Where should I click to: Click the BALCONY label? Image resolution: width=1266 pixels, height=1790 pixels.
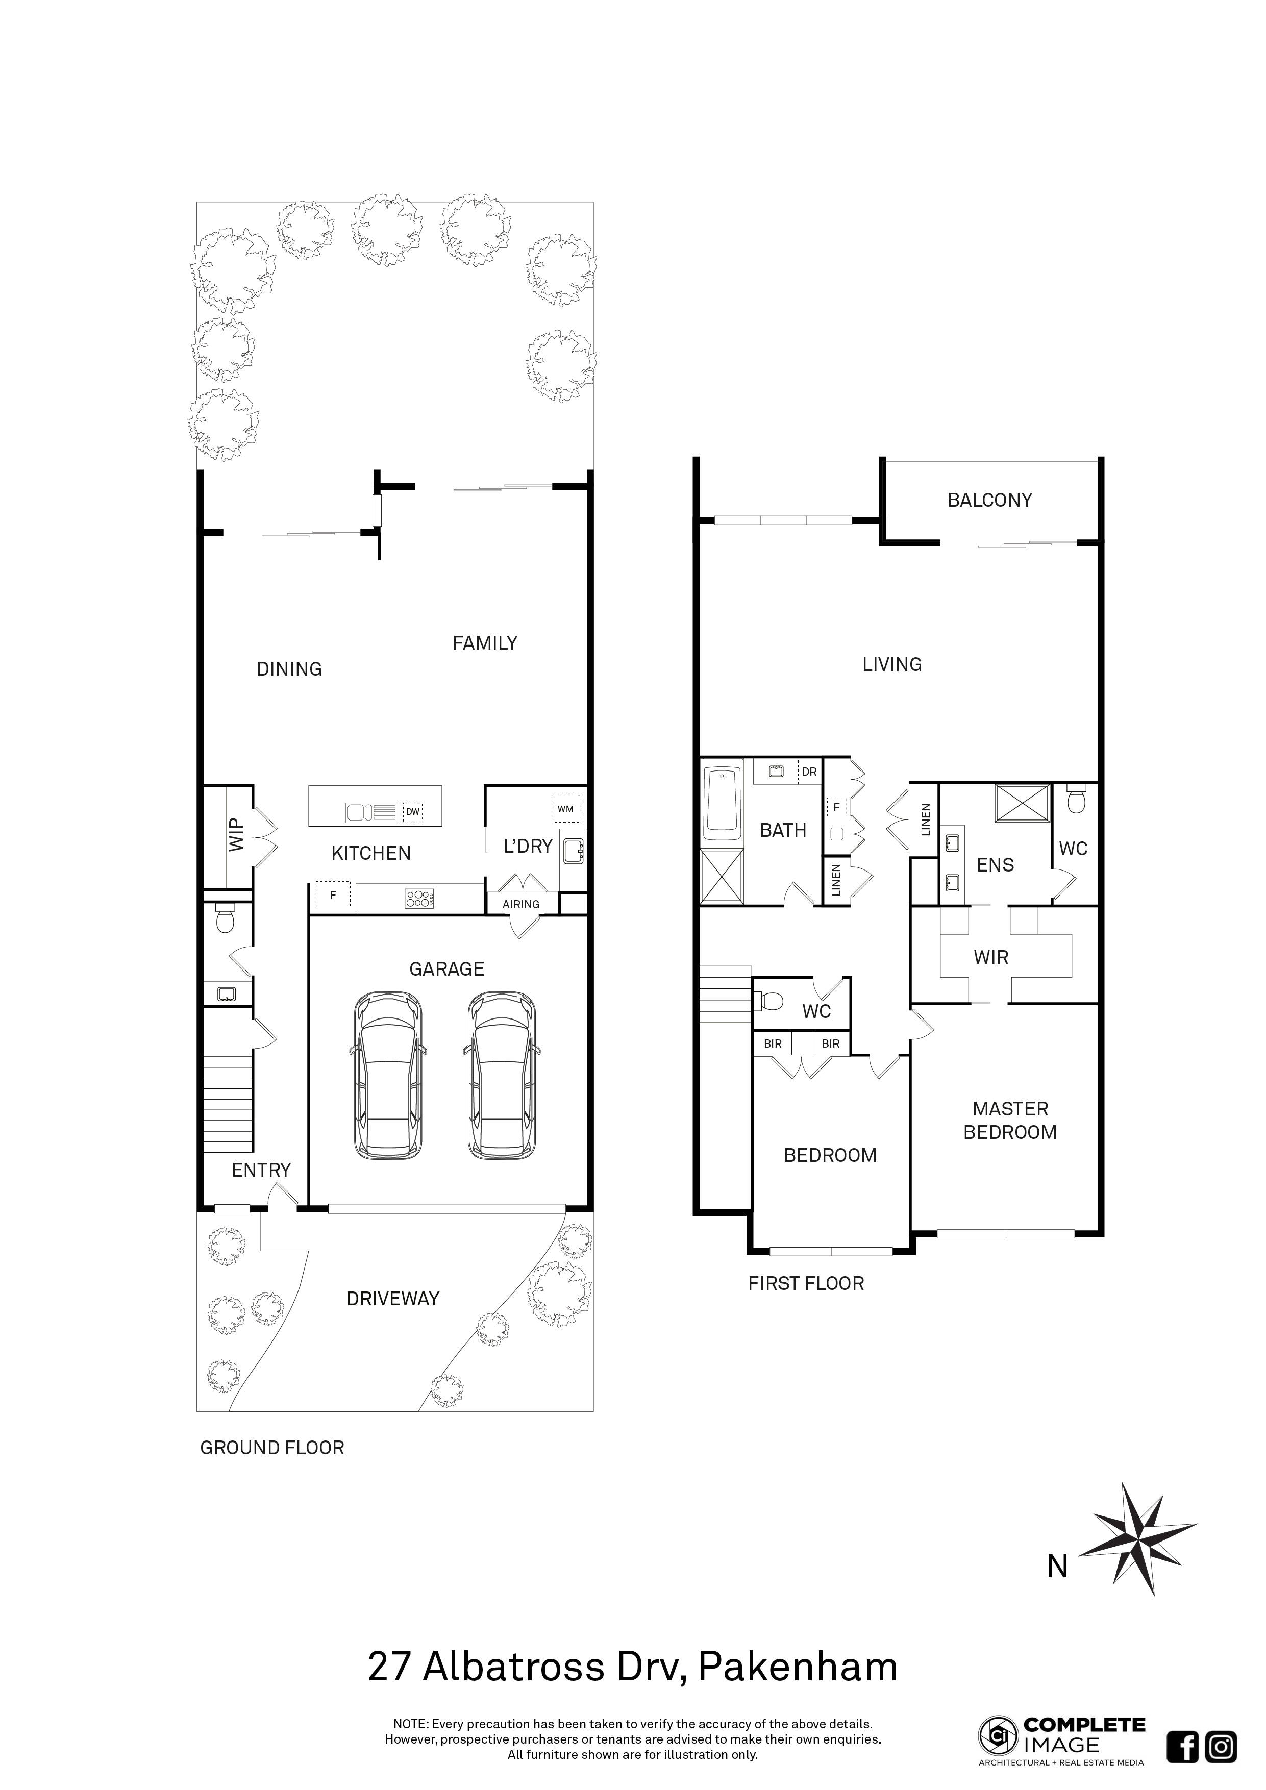(989, 500)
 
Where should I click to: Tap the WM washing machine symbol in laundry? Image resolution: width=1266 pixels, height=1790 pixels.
(565, 808)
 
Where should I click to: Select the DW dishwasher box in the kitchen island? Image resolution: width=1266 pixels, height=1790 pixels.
(412, 812)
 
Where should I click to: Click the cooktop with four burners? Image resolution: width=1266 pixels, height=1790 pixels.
(418, 898)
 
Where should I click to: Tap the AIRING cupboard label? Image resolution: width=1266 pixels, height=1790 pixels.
(521, 904)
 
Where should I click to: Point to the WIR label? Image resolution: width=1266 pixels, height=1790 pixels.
(991, 957)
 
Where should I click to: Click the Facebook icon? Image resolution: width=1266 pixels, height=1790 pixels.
(1183, 1746)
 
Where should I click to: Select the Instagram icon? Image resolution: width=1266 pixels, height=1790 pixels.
(1221, 1746)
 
